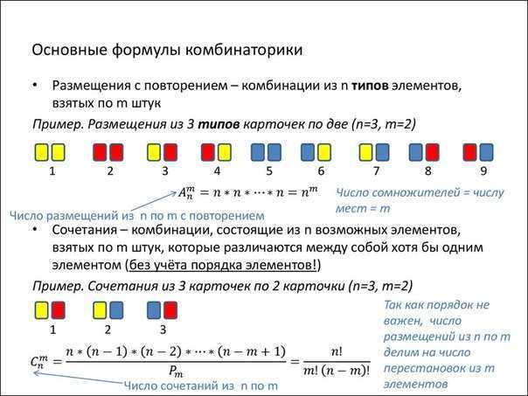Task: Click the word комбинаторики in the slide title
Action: point(244,50)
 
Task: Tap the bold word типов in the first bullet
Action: point(370,86)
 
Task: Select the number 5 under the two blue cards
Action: point(269,171)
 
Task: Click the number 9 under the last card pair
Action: point(483,171)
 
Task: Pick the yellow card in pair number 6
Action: point(325,152)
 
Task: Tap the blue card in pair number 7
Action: point(382,152)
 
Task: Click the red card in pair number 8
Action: point(433,152)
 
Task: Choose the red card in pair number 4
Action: point(208,152)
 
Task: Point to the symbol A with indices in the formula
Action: point(186,193)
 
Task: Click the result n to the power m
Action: point(309,192)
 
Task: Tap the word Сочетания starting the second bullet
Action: point(86,230)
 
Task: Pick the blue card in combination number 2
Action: point(116,310)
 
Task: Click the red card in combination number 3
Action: point(170,310)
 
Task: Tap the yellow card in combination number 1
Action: point(42,310)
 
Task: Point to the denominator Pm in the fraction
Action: point(176,372)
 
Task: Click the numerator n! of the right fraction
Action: point(337,352)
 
